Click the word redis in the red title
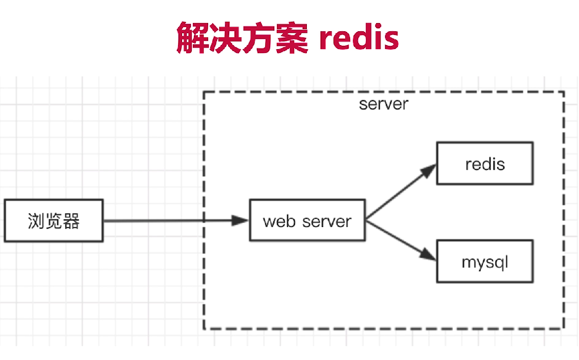[359, 38]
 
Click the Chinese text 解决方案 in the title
[242, 38]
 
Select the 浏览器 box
[54, 221]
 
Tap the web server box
[307, 221]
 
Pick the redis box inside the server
[485, 164]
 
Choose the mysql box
[485, 262]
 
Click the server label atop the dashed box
[384, 104]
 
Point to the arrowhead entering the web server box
[241, 221]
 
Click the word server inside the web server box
[326, 222]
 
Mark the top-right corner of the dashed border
[564, 92]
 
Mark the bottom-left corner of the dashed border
[204, 328]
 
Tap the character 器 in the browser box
[71, 221]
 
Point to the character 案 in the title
[292, 38]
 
